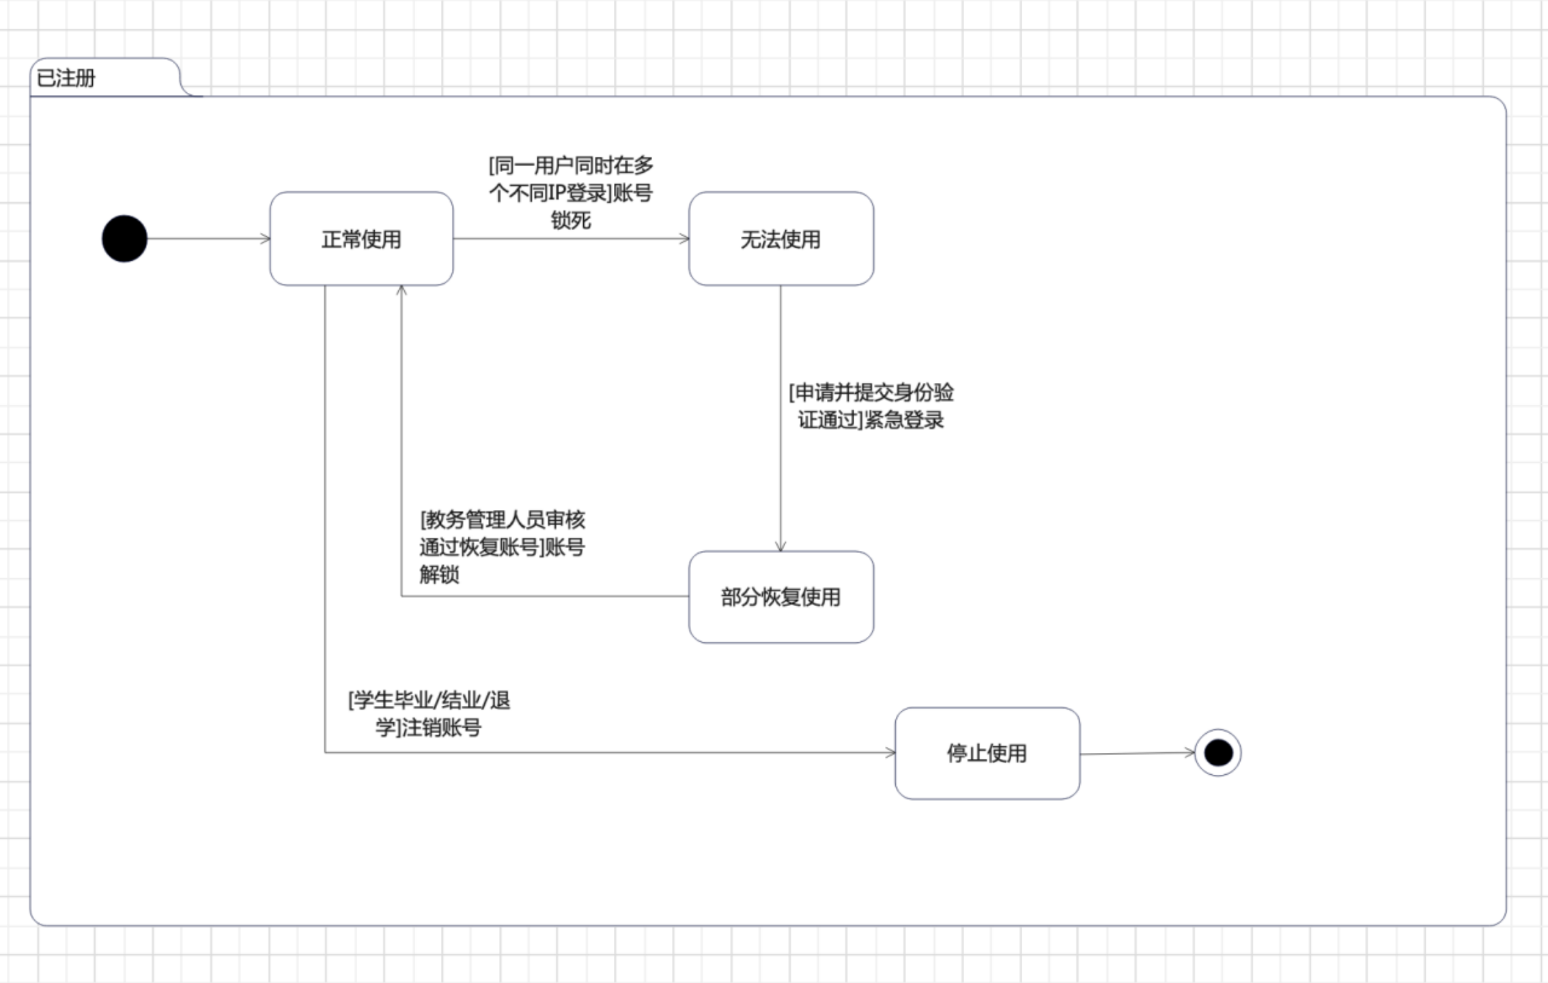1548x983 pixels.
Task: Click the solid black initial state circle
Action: (124, 239)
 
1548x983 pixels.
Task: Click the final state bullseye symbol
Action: (1218, 753)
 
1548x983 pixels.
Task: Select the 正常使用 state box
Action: (361, 239)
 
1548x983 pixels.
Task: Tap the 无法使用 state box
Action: (780, 239)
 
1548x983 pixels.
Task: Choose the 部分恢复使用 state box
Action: (780, 597)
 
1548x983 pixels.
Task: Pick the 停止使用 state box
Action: (987, 753)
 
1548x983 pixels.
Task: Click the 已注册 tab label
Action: (66, 79)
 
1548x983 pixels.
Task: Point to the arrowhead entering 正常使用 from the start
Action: (266, 239)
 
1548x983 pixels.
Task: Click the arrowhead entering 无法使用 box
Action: (684, 239)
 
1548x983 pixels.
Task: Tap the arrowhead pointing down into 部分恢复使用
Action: (780, 547)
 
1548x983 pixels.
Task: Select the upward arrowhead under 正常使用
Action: (402, 291)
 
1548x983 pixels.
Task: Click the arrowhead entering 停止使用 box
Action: (890, 753)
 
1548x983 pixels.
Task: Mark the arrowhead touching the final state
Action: (1190, 752)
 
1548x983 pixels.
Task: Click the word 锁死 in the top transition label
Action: (571, 220)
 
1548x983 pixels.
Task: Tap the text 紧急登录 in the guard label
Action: (904, 420)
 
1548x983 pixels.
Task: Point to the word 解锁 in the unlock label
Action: (439, 575)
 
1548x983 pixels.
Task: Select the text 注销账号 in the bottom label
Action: (441, 728)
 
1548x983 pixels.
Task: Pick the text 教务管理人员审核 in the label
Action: (503, 520)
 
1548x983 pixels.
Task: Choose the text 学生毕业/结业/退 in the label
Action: (429, 700)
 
